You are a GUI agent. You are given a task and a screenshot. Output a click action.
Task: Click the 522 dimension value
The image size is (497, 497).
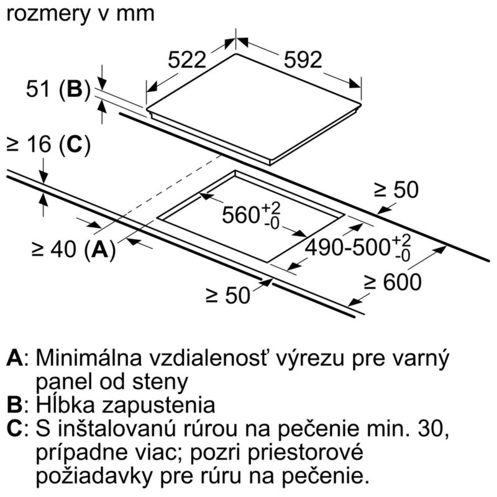pyautogui.click(x=187, y=60)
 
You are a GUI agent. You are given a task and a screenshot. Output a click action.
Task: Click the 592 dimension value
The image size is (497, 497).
pyautogui.click(x=303, y=60)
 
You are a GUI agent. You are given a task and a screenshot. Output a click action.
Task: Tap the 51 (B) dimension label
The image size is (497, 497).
pyautogui.click(x=58, y=89)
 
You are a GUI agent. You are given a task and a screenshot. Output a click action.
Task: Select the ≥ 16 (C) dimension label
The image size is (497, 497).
pyautogui.click(x=48, y=145)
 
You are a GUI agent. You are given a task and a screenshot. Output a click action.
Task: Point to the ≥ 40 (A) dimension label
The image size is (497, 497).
pyautogui.click(x=74, y=249)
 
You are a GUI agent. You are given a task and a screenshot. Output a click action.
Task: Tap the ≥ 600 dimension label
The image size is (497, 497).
pyautogui.click(x=393, y=282)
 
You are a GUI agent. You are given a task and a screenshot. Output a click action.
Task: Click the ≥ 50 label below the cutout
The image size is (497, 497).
pyautogui.click(x=228, y=296)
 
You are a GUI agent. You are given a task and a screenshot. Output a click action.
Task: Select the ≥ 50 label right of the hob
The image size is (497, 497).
pyautogui.click(x=396, y=190)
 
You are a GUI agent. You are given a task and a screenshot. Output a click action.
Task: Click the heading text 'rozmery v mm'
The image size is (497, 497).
pyautogui.click(x=81, y=14)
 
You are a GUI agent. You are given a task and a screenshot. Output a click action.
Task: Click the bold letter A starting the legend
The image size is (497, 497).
pyautogui.click(x=14, y=358)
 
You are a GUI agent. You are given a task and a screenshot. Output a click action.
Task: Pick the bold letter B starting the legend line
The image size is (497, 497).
pyautogui.click(x=14, y=405)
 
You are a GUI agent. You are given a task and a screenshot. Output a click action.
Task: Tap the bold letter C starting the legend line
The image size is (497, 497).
pyautogui.click(x=14, y=428)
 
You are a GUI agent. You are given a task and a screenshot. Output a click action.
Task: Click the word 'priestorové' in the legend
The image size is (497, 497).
pyautogui.click(x=305, y=452)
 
